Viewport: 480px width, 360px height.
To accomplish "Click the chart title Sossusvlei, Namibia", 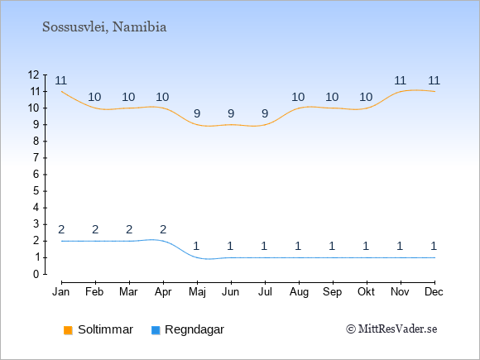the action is coord(104,27).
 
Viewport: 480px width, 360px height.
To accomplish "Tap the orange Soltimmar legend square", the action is coord(68,330).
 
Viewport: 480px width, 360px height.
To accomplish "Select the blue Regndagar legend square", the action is coord(156,330).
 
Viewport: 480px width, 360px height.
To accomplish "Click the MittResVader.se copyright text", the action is coord(391,329).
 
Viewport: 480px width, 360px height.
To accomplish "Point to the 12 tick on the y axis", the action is coord(33,74).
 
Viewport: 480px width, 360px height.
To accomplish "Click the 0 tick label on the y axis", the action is coord(36,274).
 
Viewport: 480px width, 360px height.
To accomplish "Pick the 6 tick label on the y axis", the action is coord(36,175).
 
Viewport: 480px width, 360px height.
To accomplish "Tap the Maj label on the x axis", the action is coord(197,292).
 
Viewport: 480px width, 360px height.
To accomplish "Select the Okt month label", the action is coord(366,292).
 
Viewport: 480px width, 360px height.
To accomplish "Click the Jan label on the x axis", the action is coord(61,292).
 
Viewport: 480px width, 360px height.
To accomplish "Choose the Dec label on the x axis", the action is coord(434,292).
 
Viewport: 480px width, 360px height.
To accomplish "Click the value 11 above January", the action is coord(61,81).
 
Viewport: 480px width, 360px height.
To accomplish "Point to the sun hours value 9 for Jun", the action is coord(231,114).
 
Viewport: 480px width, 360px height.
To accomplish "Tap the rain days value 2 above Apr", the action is coord(163,229).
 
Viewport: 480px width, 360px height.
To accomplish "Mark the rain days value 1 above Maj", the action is coord(196,246).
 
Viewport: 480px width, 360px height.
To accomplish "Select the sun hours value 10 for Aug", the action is coord(298,98).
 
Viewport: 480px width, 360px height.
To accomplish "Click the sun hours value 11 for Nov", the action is coord(400,81).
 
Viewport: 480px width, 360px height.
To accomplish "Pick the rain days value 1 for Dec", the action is coord(434,246).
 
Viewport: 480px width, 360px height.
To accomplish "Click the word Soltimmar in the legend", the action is coord(106,329).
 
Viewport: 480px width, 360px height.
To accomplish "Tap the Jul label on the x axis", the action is coord(265,292).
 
